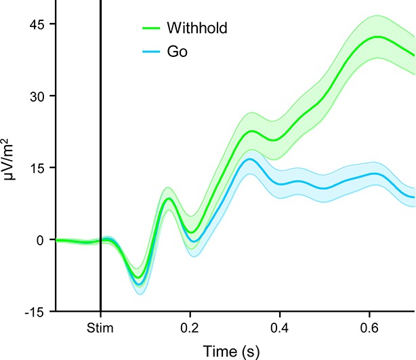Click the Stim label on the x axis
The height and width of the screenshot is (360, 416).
[x=100, y=329]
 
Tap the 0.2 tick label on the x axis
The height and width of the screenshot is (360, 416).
[x=190, y=329]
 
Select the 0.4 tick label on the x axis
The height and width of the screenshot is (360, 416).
[x=280, y=329]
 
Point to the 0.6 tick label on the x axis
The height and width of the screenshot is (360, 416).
[x=371, y=329]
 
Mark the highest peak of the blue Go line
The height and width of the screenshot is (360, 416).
[x=250, y=159]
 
